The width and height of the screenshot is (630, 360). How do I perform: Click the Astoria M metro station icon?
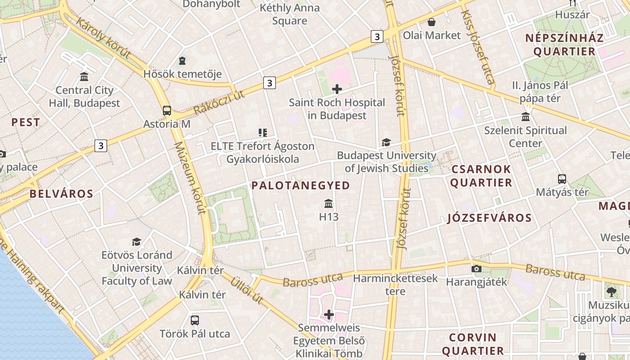(167, 110)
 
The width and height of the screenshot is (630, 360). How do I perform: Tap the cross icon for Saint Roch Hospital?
(337, 89)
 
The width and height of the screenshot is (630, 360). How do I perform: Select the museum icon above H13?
(328, 204)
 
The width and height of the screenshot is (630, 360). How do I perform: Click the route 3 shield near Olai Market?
(377, 36)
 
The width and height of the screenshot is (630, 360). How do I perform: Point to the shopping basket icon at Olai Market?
(432, 22)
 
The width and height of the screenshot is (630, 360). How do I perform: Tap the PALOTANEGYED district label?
(301, 185)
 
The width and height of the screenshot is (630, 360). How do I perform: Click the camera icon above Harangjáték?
(476, 269)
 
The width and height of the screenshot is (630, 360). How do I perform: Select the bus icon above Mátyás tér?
(562, 179)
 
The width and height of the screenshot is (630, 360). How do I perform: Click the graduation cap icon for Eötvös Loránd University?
(136, 242)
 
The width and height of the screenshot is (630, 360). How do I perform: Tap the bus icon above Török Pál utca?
(194, 320)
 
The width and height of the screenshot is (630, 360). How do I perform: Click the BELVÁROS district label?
(61, 194)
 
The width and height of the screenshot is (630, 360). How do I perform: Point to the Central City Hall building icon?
(84, 76)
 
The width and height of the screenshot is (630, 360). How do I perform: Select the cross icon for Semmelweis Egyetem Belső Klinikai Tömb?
(329, 314)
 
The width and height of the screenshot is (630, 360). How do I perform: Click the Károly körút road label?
(103, 38)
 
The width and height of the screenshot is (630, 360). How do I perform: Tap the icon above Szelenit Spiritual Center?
(525, 117)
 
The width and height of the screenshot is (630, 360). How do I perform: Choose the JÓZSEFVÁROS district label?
(490, 218)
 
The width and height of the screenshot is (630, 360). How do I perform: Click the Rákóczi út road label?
(219, 102)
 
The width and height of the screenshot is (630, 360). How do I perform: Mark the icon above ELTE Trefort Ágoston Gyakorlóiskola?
(263, 132)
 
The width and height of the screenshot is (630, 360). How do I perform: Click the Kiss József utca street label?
(477, 47)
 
